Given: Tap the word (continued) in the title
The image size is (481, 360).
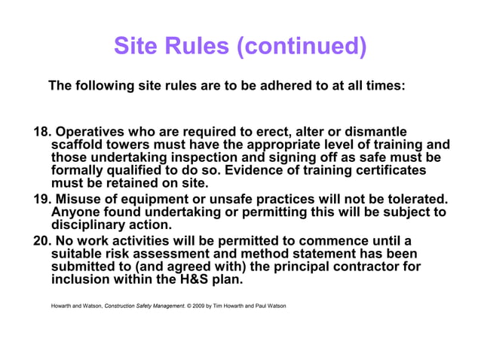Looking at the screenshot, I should tap(301, 47).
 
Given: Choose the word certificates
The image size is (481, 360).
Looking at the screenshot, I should tap(386, 171).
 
